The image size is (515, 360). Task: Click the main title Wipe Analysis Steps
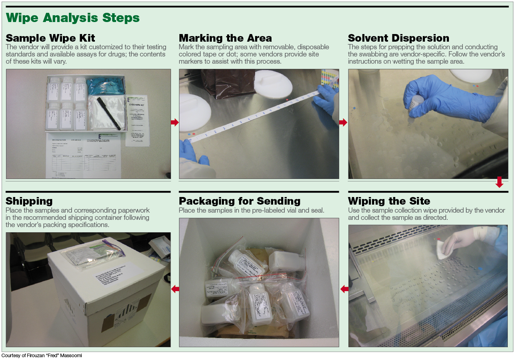(73, 18)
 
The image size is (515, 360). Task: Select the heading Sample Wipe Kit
(50, 38)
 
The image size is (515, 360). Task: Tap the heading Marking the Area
(225, 38)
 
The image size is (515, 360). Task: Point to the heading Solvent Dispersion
(398, 38)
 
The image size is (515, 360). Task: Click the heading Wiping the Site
(389, 201)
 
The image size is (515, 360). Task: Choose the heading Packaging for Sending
(239, 201)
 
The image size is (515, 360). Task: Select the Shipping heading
(29, 201)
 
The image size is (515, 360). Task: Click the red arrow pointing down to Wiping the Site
(499, 182)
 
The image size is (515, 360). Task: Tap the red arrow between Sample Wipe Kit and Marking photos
(175, 123)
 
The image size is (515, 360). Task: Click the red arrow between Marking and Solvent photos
(343, 123)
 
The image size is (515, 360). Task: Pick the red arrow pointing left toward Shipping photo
(175, 289)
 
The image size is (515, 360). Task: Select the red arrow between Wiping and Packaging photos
(344, 289)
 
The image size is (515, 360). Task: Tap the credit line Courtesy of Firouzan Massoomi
(42, 356)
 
